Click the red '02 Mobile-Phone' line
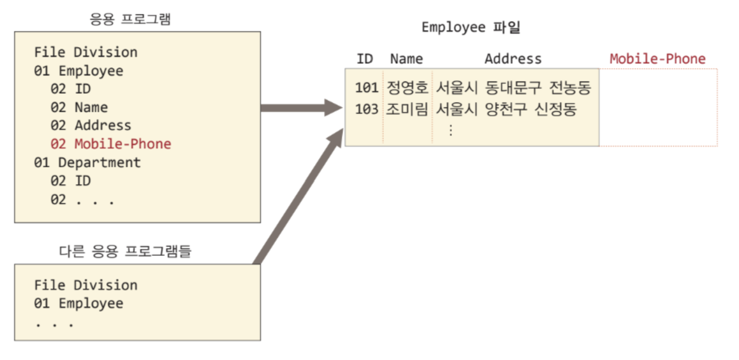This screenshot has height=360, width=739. [110, 144]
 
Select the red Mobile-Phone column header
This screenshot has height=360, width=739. [657, 59]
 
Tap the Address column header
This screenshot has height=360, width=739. [513, 59]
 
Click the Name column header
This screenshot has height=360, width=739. [406, 59]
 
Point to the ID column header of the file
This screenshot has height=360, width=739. [364, 59]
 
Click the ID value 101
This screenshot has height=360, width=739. [366, 88]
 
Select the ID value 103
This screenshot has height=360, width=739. [366, 109]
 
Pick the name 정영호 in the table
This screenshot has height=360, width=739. [407, 88]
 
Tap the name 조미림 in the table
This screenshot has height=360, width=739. [407, 109]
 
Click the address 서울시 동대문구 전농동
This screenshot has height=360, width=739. [513, 88]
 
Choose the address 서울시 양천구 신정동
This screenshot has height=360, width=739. [506, 109]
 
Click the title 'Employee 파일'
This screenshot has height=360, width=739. [471, 28]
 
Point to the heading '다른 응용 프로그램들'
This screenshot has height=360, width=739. [125, 251]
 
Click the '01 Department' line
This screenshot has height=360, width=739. [87, 163]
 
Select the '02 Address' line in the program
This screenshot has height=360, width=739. [91, 125]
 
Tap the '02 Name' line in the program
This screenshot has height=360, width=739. [79, 108]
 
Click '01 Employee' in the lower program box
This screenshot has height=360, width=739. [79, 303]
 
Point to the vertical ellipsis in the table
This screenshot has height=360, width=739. [450, 130]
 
